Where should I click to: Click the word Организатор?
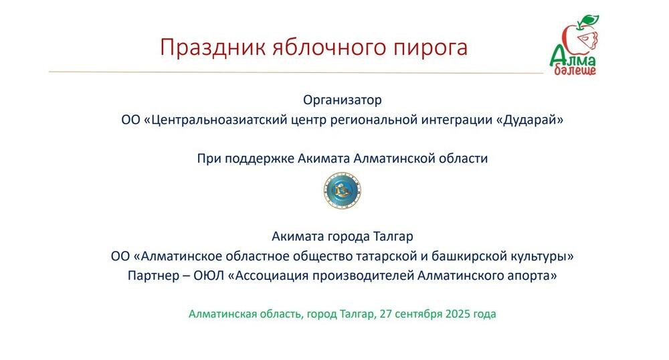342,100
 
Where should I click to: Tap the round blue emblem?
342,189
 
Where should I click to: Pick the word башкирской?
480,256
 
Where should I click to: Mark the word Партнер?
151,276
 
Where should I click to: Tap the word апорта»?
535,276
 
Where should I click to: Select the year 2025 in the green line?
457,314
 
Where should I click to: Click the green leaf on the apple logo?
588,20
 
